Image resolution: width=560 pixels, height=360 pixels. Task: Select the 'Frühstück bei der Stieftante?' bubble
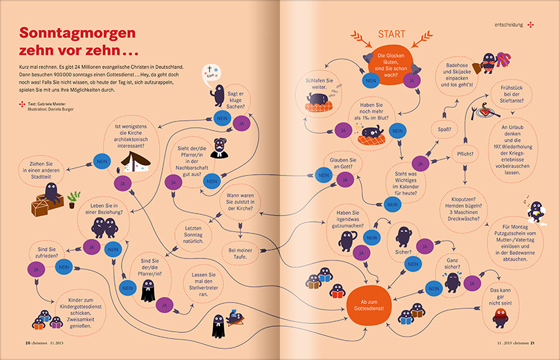coord(510,94)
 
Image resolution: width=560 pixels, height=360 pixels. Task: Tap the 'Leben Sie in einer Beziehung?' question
coord(106,208)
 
